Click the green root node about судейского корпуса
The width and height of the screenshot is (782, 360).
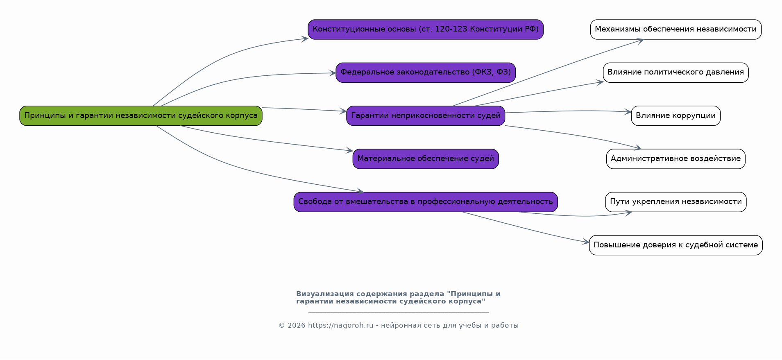click(141, 115)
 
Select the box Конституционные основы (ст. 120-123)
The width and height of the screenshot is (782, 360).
click(426, 29)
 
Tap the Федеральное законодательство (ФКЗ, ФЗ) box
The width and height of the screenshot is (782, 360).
click(426, 72)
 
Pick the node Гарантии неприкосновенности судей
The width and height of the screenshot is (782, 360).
click(426, 115)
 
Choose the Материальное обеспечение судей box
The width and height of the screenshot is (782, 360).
click(426, 158)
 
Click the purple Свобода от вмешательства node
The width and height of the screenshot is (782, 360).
click(426, 202)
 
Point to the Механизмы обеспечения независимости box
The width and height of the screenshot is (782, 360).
click(675, 29)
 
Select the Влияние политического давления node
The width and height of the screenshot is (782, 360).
click(675, 72)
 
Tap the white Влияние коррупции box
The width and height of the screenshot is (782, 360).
click(675, 115)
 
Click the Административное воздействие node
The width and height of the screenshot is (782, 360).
click(675, 158)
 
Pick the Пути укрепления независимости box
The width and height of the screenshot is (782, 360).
click(675, 202)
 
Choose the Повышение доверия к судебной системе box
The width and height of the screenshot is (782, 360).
click(675, 245)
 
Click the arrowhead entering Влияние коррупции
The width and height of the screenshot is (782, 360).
click(628, 112)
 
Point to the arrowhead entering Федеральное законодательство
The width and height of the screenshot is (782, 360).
click(333, 73)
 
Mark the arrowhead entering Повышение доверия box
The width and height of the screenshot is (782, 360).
click(586, 242)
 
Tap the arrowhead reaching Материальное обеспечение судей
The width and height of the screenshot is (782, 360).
click(350, 151)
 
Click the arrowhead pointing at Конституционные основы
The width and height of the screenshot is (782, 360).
click(305, 38)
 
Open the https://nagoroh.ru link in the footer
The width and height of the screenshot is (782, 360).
click(340, 326)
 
